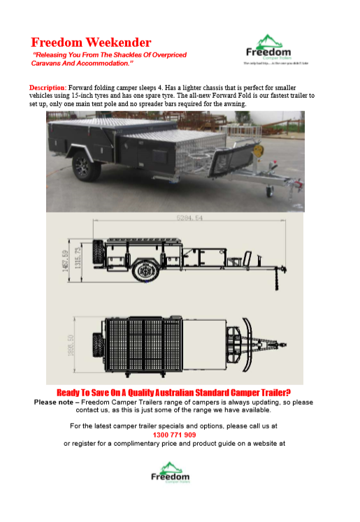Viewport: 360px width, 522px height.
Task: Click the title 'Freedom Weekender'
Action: coord(91,43)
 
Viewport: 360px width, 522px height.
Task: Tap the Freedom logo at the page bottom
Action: coord(171,472)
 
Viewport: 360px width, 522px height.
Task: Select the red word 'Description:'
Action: coord(48,87)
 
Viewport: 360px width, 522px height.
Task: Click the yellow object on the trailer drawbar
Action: coord(262,149)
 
